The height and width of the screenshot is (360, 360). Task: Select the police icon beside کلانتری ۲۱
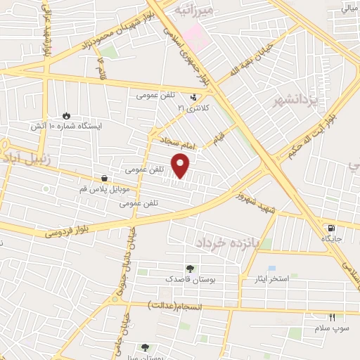click(195, 98)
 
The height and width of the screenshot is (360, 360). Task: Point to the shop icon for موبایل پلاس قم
click(105, 179)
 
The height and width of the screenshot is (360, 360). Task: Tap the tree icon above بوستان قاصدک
click(189, 268)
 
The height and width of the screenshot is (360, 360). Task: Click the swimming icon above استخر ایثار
click(271, 269)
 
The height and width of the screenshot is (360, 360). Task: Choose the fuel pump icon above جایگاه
click(330, 228)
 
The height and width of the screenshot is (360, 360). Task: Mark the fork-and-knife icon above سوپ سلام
click(332, 318)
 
